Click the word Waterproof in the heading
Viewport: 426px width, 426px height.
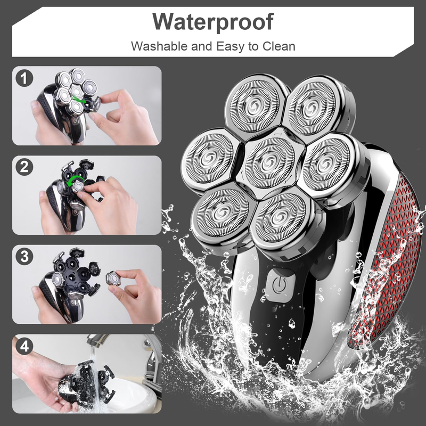click(212, 22)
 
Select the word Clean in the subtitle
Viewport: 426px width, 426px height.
click(278, 46)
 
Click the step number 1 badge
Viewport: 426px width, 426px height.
click(24, 78)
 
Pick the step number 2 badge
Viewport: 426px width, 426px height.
click(24, 167)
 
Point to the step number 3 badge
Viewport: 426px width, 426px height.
click(24, 257)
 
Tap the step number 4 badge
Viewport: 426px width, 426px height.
click(24, 346)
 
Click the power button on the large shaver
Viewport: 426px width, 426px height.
click(280, 285)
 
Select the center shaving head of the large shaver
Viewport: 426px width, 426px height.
click(270, 162)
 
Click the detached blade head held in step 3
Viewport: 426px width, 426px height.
click(113, 278)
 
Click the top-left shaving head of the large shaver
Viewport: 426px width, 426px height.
click(256, 104)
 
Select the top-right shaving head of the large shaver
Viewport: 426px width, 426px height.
click(315, 108)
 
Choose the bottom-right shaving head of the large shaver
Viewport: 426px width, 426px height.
click(281, 219)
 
